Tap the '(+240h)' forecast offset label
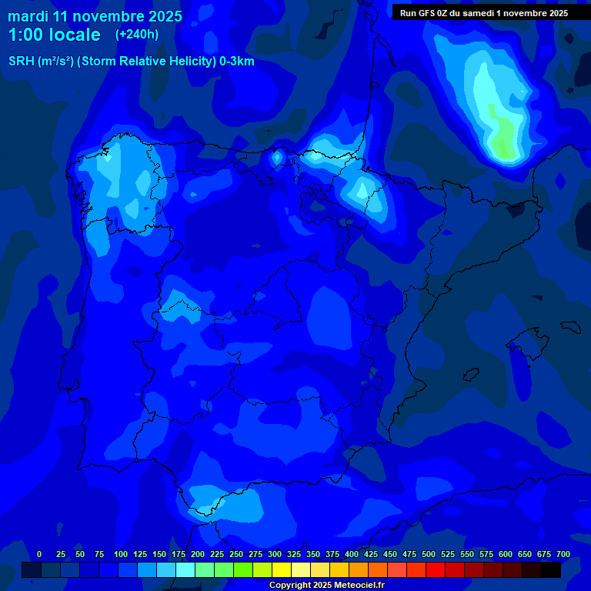coord(137,35)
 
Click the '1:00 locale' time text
coord(54,35)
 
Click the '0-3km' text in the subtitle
coord(237,62)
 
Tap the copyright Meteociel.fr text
coord(326,586)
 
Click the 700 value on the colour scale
coord(563,554)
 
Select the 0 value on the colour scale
coord(39,554)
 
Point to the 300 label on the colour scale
coord(275,554)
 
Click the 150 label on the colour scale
coord(159,554)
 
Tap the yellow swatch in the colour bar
coord(282,569)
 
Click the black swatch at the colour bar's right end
coord(551,569)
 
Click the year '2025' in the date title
coord(166,16)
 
